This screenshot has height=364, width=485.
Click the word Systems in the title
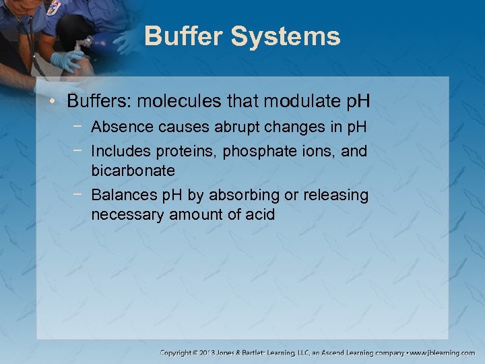[286, 36]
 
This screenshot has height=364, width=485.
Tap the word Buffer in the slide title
[183, 36]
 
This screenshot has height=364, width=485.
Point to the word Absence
[118, 127]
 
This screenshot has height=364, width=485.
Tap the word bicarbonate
[133, 170]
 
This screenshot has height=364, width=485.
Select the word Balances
[120, 195]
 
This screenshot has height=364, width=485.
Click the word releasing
[336, 195]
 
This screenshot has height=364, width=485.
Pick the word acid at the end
[259, 215]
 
